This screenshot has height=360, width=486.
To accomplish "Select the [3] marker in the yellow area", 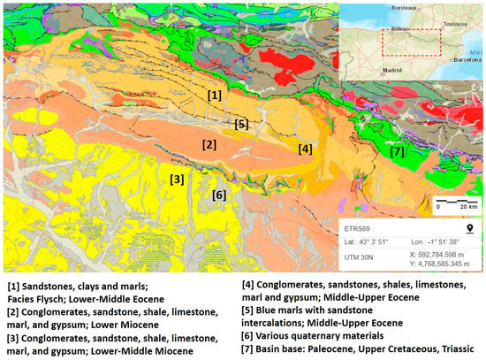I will [177, 180].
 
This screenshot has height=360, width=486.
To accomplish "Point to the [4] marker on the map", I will [305, 149].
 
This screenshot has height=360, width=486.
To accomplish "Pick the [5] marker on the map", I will [241, 124].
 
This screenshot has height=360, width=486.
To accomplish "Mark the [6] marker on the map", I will [219, 195].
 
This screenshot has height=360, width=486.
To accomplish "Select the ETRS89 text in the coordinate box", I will [357, 226].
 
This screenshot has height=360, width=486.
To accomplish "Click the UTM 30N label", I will [361, 257].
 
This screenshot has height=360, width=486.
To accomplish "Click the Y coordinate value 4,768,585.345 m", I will [438, 263].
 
